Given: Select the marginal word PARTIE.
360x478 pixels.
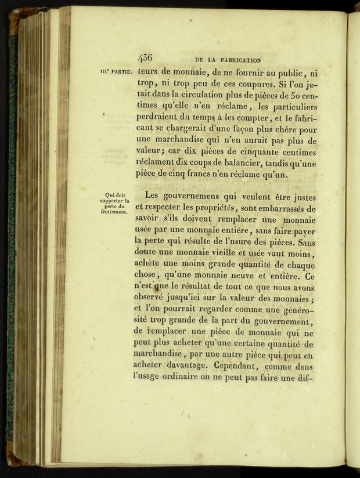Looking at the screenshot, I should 121,73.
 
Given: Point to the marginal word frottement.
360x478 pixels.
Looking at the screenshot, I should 113,212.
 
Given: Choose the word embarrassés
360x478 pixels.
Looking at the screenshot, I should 287,208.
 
